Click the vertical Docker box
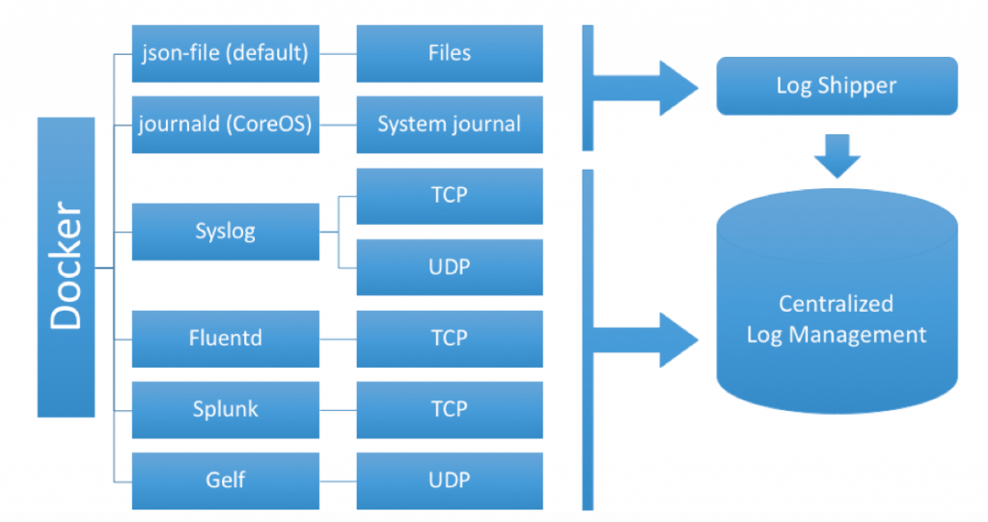point(66,266)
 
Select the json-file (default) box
point(225,53)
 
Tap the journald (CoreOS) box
point(225,124)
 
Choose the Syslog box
point(225,232)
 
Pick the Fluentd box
point(225,339)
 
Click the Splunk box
point(225,409)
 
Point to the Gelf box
point(225,481)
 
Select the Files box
point(450,53)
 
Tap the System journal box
point(450,124)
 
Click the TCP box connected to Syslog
point(450,196)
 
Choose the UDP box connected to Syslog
point(450,267)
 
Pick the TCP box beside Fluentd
point(450,339)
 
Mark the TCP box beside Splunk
point(450,409)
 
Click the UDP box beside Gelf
point(450,481)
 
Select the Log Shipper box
point(836,86)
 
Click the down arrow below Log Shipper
point(836,155)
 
